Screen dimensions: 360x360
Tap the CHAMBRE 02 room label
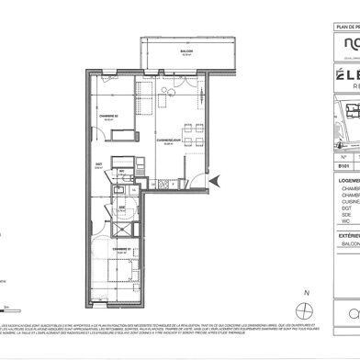[x=107, y=115]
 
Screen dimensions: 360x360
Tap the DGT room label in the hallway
[x=99, y=166]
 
